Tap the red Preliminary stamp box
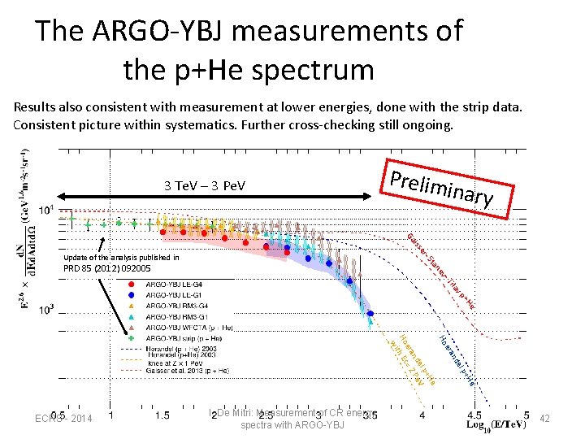tap(449, 189)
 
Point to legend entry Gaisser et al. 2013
tap(187, 370)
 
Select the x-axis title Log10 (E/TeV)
tap(497, 425)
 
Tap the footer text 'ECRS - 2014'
tap(63, 419)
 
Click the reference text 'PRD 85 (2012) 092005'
tap(106, 268)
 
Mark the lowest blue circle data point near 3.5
tap(370, 313)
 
